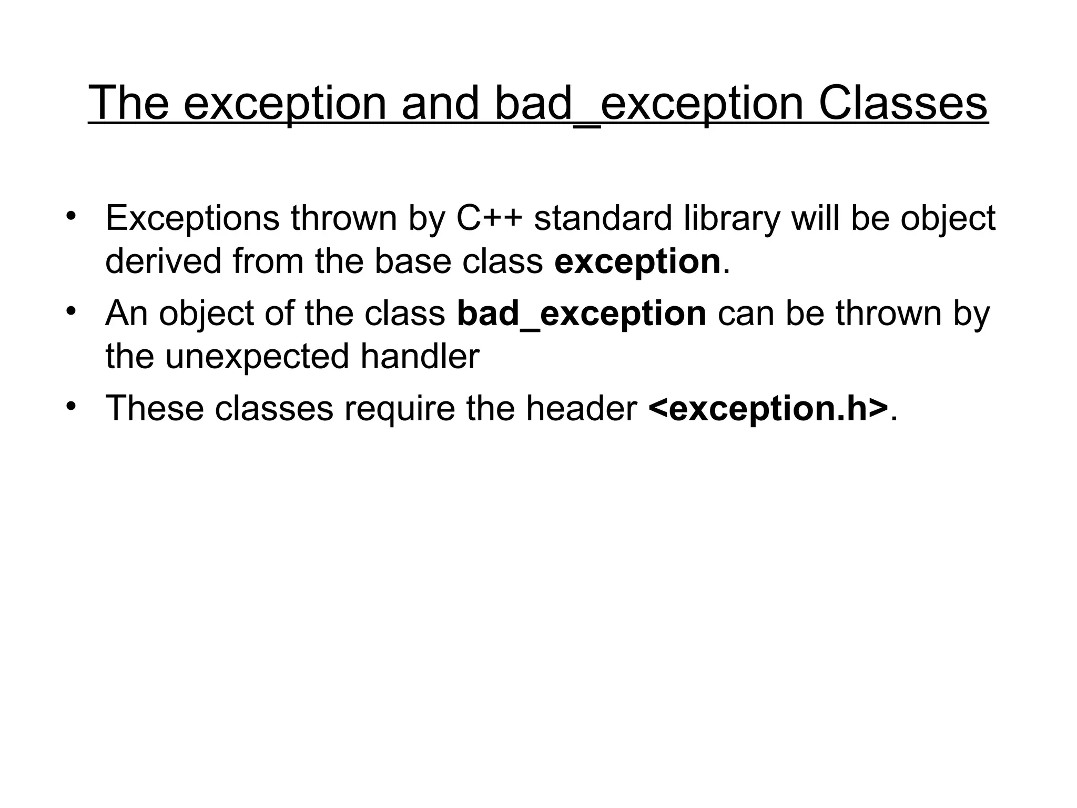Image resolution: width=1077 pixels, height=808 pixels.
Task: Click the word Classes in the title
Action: point(903,103)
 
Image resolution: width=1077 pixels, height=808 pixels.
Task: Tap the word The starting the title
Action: point(128,103)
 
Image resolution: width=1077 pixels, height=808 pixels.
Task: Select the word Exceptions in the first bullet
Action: point(192,218)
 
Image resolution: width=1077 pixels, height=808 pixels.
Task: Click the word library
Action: point(731,218)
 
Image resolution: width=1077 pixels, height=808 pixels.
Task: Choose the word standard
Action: point(603,218)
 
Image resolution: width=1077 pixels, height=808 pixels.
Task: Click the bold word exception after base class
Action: point(637,261)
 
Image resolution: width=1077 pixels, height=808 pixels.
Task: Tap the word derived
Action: point(163,261)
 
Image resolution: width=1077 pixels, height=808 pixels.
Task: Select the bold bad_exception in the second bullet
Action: point(582,314)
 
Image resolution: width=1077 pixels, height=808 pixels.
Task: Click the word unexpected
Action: point(257,356)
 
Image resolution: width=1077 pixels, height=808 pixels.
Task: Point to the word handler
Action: point(420,356)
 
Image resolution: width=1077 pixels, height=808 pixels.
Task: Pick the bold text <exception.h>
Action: point(768,408)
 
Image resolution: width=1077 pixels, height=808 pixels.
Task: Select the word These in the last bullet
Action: point(154,408)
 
